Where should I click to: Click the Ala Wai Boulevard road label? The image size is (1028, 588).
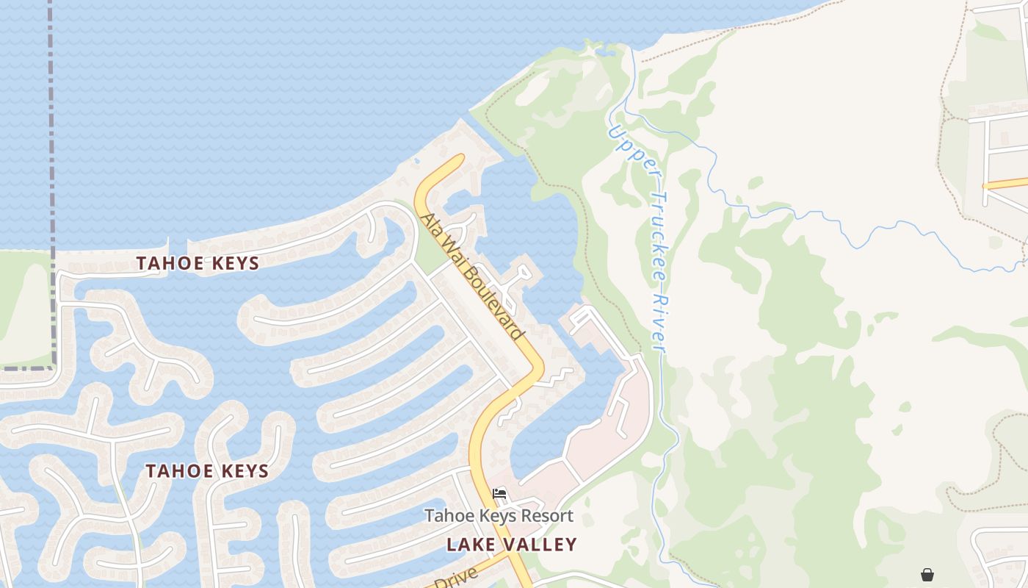coord(474,276)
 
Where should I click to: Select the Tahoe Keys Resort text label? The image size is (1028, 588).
coord(499,516)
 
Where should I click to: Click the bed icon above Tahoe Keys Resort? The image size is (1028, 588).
coord(500,493)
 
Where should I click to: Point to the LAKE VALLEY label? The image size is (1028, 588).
coord(512,545)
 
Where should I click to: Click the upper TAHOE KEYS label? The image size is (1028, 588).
coord(198,263)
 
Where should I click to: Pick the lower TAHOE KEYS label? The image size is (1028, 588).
coord(207,471)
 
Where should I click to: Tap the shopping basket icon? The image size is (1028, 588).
coord(927,574)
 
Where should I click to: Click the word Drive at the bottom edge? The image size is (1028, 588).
coord(455,577)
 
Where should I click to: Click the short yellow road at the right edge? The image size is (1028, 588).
coord(1006,183)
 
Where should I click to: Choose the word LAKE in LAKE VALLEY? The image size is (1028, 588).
coord(468,545)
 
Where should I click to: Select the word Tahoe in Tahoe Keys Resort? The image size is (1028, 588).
coord(445,516)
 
